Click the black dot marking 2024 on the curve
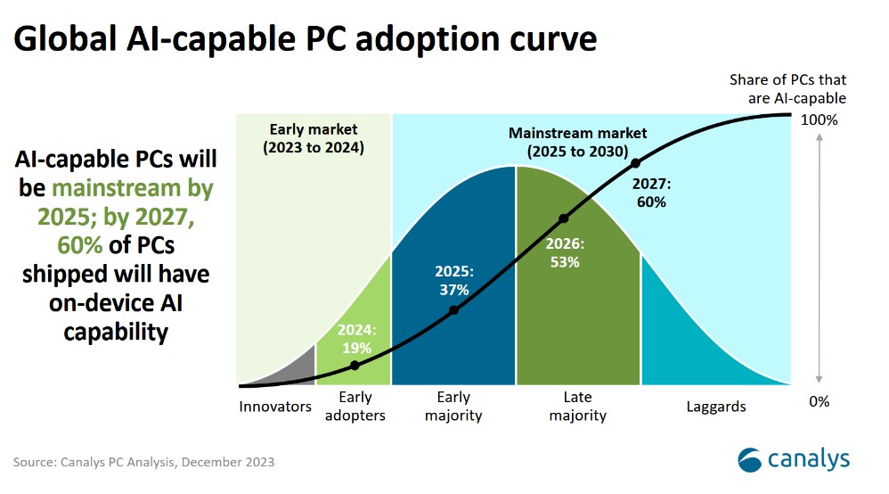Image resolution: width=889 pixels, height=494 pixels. click(355, 365)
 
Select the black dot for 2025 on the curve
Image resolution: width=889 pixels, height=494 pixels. click(453, 310)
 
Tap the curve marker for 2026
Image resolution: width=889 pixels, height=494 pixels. click(563, 218)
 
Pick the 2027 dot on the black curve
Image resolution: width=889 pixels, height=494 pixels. click(635, 163)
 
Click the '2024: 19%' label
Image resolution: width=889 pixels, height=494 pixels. click(358, 339)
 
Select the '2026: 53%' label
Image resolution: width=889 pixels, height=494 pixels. click(563, 252)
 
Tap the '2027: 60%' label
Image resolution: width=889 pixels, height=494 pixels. click(650, 193)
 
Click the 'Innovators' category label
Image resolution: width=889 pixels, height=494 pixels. click(275, 407)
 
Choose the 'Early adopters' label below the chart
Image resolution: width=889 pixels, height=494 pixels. click(355, 407)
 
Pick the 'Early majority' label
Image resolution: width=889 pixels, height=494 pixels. click(453, 407)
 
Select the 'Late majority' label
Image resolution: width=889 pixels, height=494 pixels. click(577, 407)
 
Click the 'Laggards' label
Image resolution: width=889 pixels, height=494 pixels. click(716, 407)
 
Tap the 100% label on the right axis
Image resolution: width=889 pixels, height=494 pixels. click(820, 119)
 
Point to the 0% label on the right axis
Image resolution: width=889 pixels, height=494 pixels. click(819, 401)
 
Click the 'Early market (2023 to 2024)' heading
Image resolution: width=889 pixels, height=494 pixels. click(313, 139)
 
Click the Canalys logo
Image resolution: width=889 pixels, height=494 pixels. click(793, 460)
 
